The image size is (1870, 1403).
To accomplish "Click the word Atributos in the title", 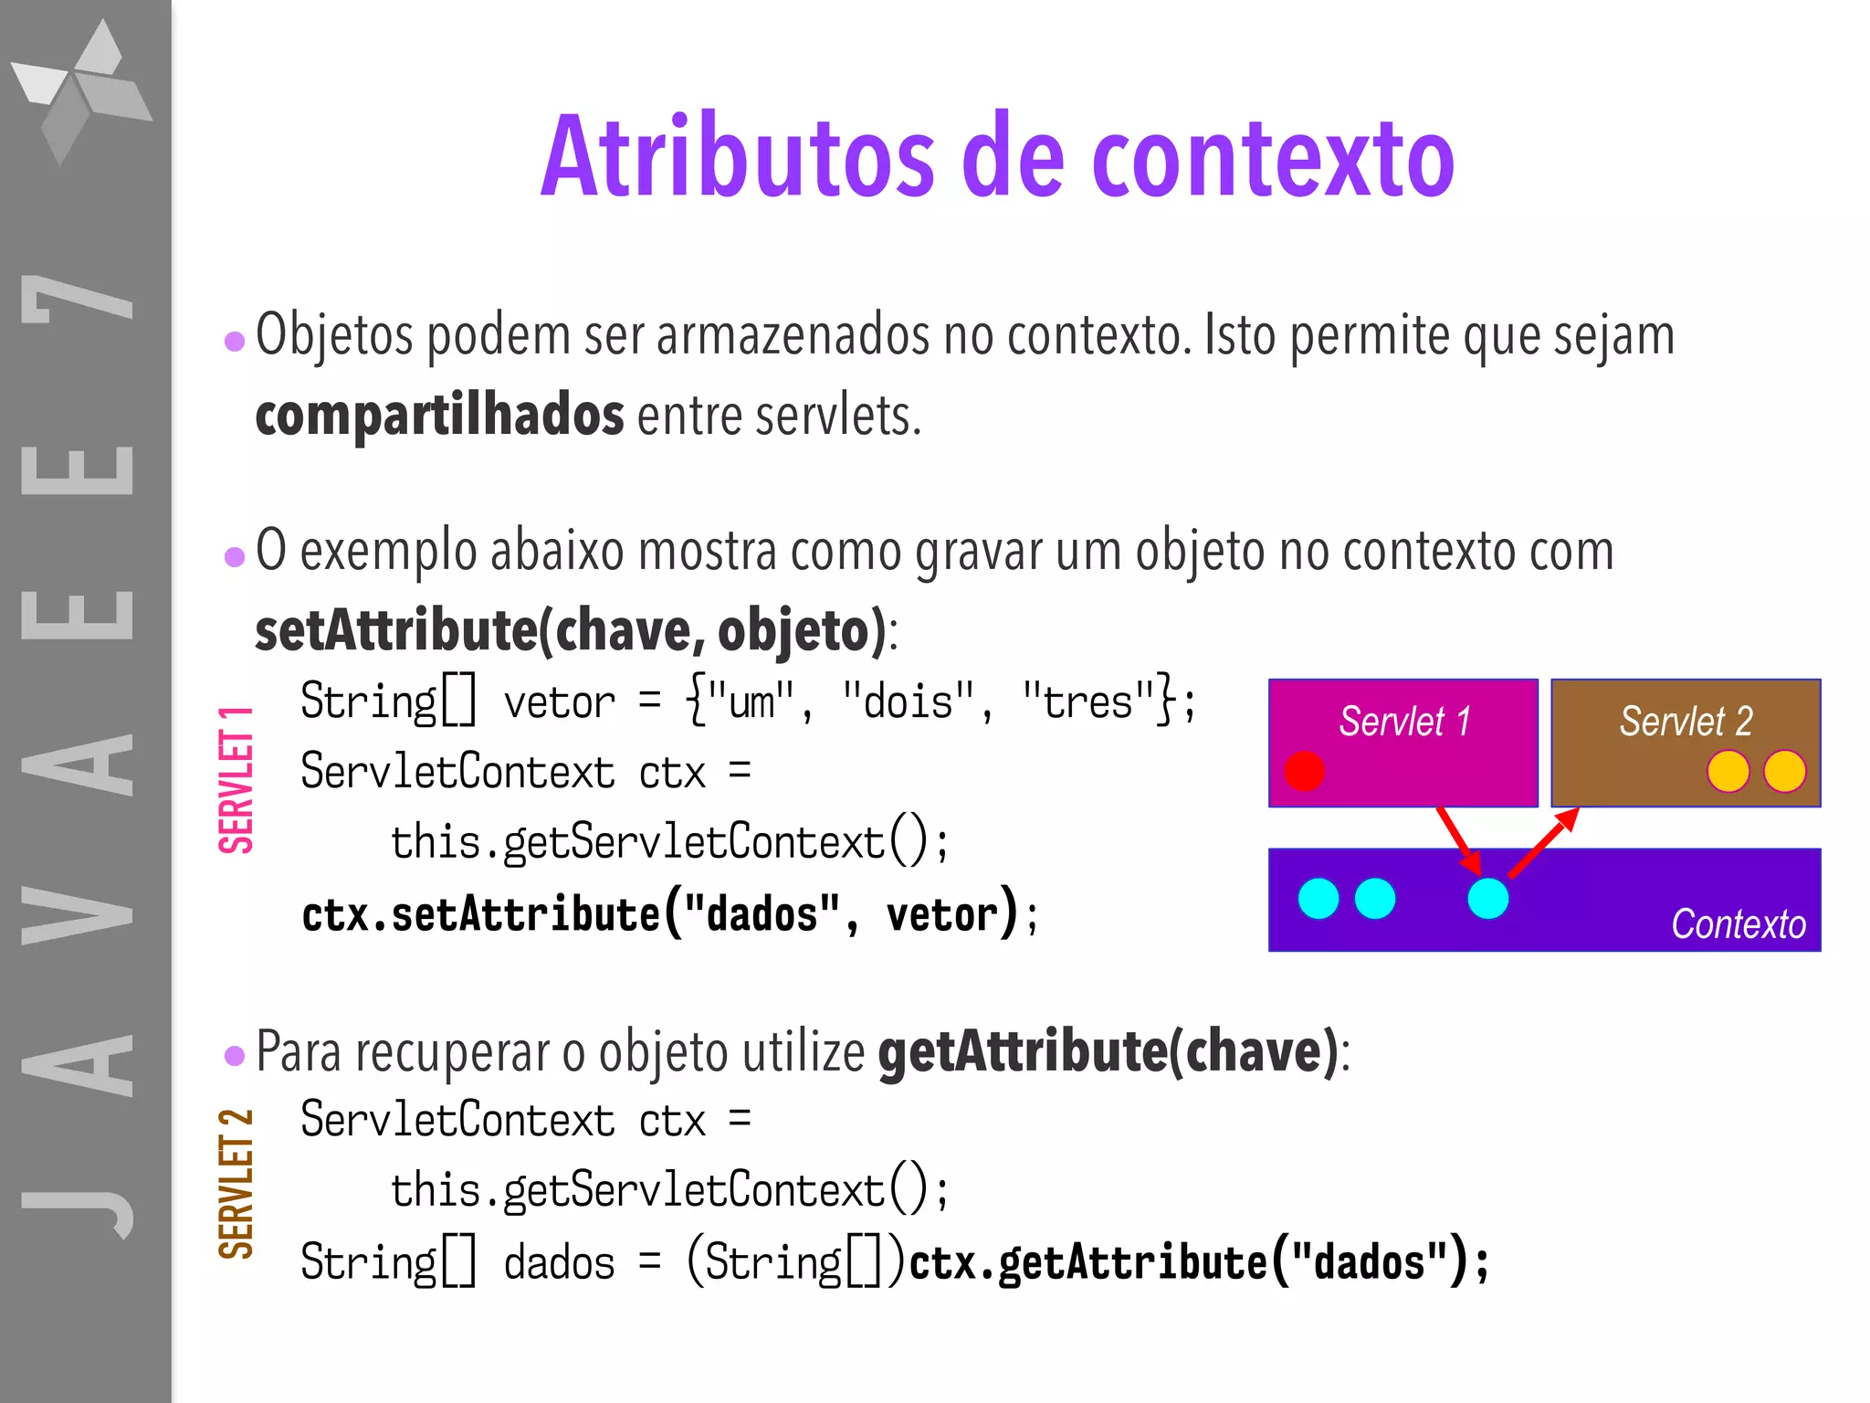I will point(738,157).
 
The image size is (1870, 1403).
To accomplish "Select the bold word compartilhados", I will point(439,416).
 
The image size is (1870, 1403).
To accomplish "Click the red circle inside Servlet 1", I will point(1304,771).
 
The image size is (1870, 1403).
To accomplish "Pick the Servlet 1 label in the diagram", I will point(1404,722).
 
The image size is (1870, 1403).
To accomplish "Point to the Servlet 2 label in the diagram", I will point(1686,722).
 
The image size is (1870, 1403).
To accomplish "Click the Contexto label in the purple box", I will point(1738,924).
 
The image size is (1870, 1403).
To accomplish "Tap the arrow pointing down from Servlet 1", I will point(1459,840).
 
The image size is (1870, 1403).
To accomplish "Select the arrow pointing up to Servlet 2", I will point(1543,842).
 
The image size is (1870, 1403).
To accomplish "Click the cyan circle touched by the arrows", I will point(1487,899).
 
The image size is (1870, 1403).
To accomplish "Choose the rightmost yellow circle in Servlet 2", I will point(1784,771).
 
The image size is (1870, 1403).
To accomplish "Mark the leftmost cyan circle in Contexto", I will point(1318,899).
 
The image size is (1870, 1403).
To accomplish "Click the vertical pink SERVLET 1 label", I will point(236,779).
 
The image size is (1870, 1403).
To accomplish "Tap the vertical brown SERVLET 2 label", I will point(236,1184).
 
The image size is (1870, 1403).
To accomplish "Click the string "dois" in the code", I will point(909,702).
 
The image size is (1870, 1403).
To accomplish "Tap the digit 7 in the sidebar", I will point(78,299).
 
